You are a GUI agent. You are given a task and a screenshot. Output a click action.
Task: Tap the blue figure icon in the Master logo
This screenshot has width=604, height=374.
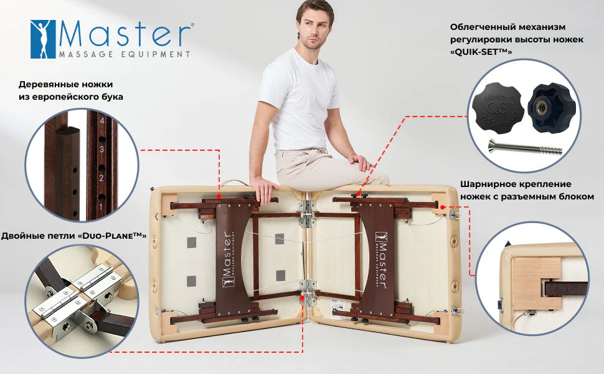tap(43, 39)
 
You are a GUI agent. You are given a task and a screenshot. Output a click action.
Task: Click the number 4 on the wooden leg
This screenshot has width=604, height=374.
tap(101, 121)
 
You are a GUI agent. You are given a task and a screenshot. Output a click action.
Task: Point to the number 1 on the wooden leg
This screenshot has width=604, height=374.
tap(101, 207)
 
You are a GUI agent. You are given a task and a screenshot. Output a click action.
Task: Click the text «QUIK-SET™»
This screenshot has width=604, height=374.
tap(481, 52)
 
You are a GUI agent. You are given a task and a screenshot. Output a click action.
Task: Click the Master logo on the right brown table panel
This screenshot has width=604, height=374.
tap(381, 260)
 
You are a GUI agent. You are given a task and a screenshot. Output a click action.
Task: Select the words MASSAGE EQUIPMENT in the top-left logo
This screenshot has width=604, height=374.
tap(125, 54)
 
